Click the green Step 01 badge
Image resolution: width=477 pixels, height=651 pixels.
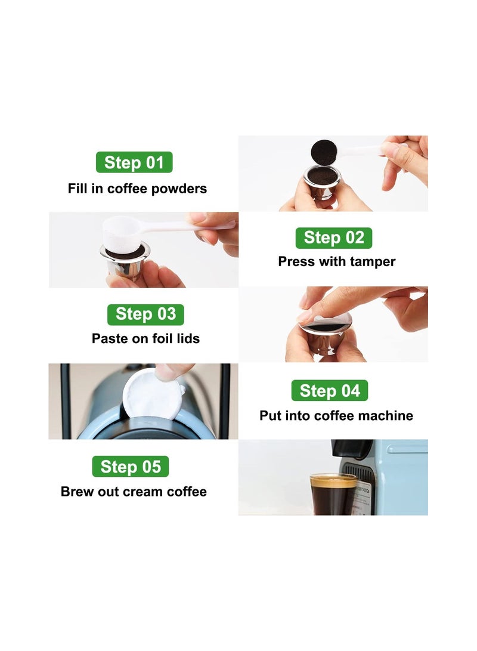pos(134,162)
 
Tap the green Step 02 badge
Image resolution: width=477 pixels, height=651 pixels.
pos(334,238)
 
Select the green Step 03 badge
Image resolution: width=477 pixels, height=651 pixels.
pos(145,314)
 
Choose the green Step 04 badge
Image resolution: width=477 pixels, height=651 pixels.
pos(330,391)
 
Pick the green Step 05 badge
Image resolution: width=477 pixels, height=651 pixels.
pos(130,466)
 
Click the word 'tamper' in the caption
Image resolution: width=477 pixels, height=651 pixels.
pos(373,262)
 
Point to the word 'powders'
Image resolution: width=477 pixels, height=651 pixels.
pos(179,189)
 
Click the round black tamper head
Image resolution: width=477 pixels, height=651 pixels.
pos(324,153)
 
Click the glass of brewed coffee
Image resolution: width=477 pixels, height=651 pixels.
pos(333,495)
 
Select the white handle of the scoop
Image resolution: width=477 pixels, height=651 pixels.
pos(187,227)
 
